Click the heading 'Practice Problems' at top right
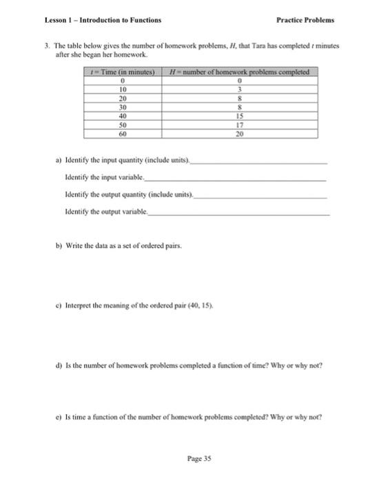coord(305,20)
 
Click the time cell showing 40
coord(123,117)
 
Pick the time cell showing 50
coord(123,126)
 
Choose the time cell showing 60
coord(123,135)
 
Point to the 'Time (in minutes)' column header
coord(123,72)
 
